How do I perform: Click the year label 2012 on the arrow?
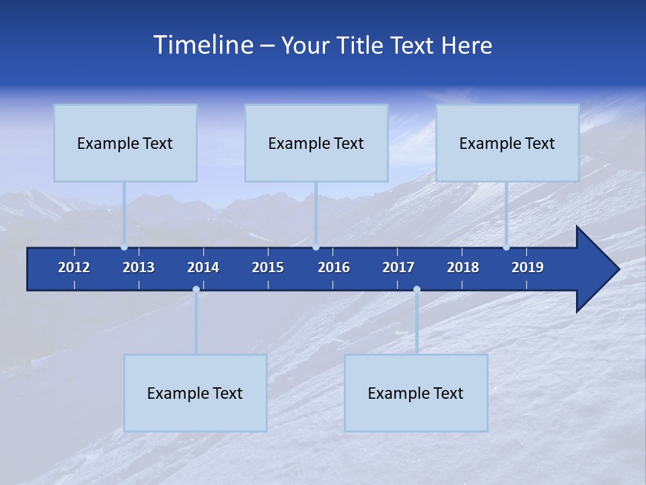click(x=74, y=267)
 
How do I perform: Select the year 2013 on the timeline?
click(x=139, y=267)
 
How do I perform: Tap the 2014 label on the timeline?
click(x=203, y=267)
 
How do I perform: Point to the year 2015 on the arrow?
click(x=268, y=267)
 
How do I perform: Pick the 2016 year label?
click(x=334, y=267)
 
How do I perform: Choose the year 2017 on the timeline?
click(x=398, y=267)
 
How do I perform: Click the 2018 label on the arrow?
click(x=463, y=267)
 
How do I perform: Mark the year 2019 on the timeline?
click(x=528, y=267)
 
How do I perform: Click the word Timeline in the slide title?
click(x=203, y=45)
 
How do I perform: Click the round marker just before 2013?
click(x=124, y=247)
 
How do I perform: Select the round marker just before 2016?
click(x=316, y=247)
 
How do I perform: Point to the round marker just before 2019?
click(x=507, y=247)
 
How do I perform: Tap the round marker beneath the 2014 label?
click(x=196, y=290)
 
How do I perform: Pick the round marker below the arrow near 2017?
click(x=417, y=290)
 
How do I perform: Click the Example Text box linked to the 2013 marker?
click(x=125, y=143)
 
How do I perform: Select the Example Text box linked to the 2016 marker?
click(x=316, y=143)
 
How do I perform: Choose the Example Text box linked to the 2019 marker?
click(x=507, y=143)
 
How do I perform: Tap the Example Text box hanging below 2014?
click(x=195, y=393)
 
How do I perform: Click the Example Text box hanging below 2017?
click(x=416, y=393)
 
